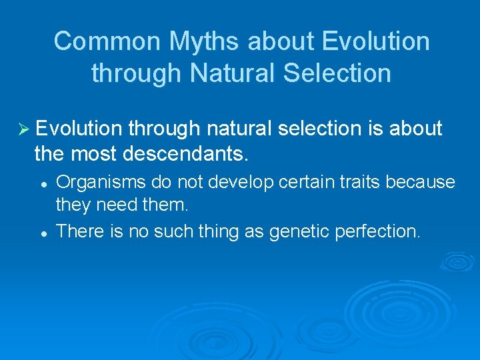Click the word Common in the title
(x=107, y=41)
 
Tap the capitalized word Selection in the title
(x=338, y=73)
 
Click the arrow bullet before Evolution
(x=22, y=129)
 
